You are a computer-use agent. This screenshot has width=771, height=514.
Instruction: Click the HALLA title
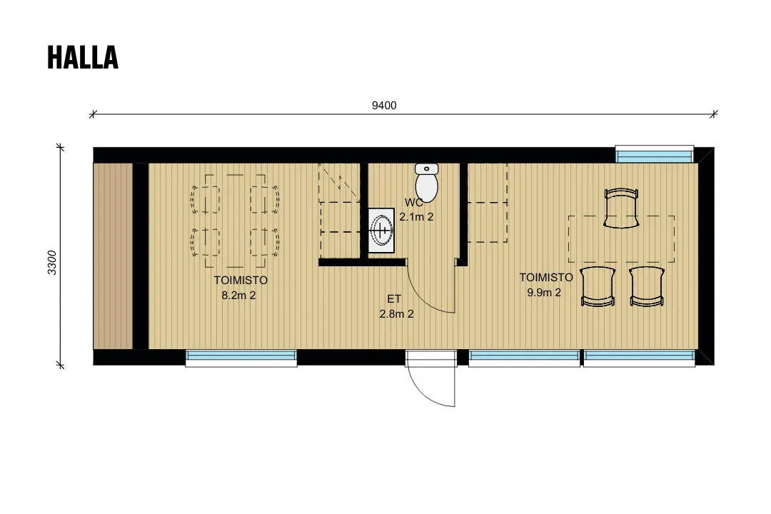coord(83,57)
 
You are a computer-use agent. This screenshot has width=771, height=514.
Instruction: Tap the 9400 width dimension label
coord(384,105)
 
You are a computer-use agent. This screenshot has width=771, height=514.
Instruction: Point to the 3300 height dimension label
coord(52,263)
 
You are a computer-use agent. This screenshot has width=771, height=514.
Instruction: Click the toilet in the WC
coord(426,183)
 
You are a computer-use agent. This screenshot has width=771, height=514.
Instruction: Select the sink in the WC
coord(381,230)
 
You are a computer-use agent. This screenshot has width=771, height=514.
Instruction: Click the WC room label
coord(413,203)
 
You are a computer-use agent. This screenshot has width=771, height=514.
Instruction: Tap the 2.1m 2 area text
coord(416,217)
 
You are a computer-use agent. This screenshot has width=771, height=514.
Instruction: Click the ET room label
coord(394,298)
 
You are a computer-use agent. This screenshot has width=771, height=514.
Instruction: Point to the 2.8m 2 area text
coord(396,314)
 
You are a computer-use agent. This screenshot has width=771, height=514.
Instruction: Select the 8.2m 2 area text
coord(238,296)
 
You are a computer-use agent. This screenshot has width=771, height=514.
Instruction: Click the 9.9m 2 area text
coord(544,293)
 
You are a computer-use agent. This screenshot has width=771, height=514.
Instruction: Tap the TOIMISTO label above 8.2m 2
coord(241,281)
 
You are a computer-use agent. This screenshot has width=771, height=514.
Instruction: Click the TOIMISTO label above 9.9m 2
coord(546,278)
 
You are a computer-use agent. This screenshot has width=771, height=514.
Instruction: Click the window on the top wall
coord(655,154)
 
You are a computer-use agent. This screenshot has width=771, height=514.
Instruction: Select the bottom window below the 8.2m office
coord(241,358)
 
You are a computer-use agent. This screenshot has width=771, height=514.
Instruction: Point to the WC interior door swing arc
coord(422,298)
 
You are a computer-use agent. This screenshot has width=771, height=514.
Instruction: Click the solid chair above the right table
coord(621,208)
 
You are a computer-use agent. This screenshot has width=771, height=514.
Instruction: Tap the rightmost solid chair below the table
coord(647,287)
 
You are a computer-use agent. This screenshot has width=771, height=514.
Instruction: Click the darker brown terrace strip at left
coord(113,256)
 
